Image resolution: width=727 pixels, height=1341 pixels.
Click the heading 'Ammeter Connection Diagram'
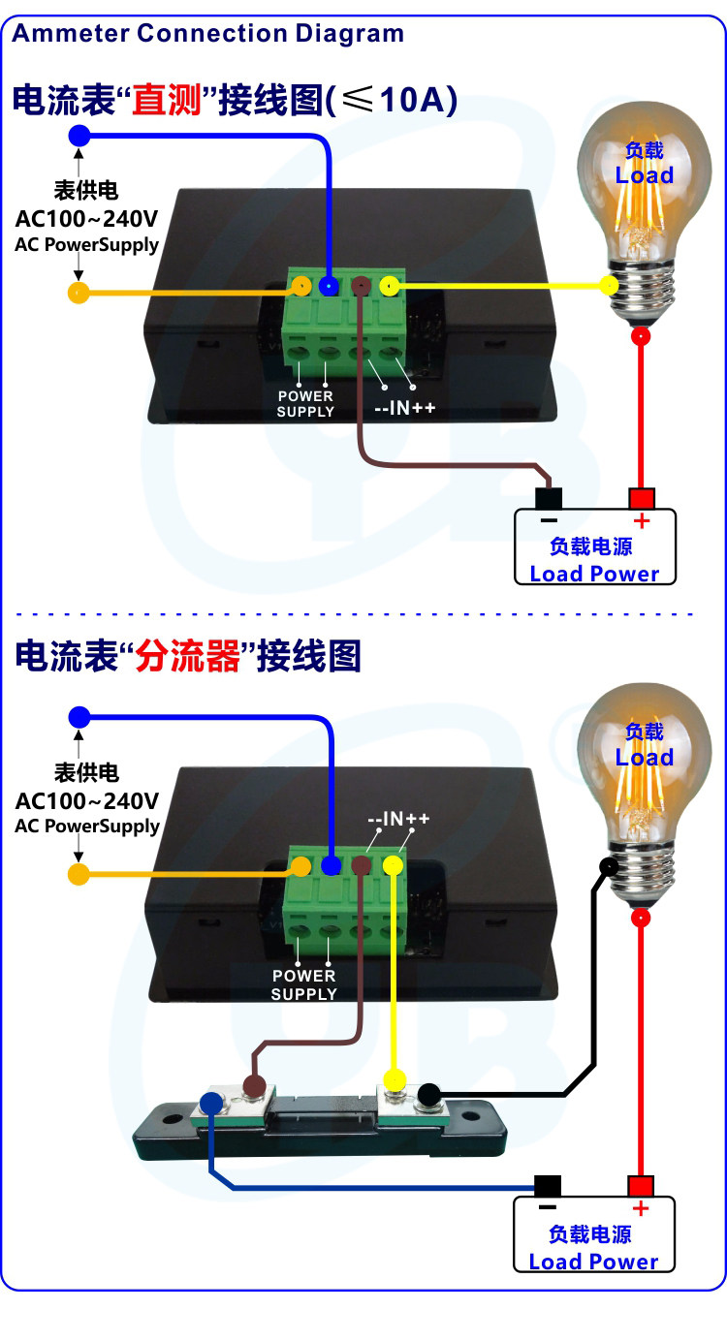click(207, 33)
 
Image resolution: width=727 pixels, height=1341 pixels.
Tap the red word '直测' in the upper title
click(167, 100)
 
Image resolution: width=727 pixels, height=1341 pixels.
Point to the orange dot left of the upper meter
click(79, 293)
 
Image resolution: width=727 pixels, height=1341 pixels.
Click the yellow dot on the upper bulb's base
click(609, 285)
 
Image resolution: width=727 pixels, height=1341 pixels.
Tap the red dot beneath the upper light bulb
click(640, 336)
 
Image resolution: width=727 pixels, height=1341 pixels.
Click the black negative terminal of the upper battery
click(550, 498)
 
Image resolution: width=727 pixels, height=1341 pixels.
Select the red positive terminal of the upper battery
click(641, 498)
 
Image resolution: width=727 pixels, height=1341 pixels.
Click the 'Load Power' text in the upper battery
click(594, 573)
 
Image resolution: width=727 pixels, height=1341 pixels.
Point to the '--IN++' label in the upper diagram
click(405, 408)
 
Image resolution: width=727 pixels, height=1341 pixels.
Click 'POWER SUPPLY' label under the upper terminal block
click(305, 403)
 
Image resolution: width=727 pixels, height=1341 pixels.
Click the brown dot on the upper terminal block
click(360, 286)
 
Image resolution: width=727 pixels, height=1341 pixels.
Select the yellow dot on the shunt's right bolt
click(394, 1078)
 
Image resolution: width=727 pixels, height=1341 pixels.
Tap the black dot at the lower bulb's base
click(609, 866)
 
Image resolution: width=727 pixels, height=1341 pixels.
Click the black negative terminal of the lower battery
click(548, 1186)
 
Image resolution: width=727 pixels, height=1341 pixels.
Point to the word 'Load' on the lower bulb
click(645, 757)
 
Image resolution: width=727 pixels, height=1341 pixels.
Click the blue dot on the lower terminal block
click(331, 866)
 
